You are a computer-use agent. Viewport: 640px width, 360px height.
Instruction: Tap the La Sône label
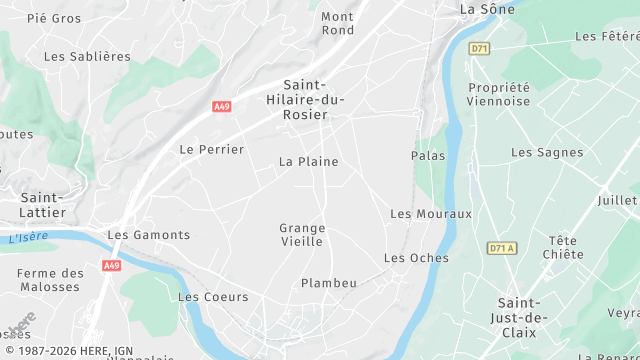point(487,9)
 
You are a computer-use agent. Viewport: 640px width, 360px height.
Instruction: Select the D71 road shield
point(480,48)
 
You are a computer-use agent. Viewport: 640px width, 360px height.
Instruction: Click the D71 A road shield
point(502,248)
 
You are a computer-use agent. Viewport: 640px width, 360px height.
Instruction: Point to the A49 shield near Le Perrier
point(222,106)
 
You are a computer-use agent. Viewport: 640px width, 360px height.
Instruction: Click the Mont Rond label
point(338,23)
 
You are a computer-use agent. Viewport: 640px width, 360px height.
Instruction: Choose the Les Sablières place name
point(87,57)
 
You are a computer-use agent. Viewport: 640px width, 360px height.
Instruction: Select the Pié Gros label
point(54,18)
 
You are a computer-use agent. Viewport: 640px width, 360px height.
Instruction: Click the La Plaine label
point(308,162)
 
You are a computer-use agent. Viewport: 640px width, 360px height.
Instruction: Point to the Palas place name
point(428,156)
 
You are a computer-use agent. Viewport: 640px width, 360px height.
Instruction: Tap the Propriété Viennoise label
point(498,94)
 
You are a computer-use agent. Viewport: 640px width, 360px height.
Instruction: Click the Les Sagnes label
point(547,153)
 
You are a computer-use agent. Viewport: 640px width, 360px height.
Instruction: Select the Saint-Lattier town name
point(43,205)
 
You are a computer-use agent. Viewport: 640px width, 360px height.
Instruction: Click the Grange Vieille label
point(302,235)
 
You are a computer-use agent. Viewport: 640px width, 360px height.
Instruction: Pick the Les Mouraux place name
point(430,214)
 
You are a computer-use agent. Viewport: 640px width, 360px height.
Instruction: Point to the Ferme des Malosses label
point(50,280)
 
